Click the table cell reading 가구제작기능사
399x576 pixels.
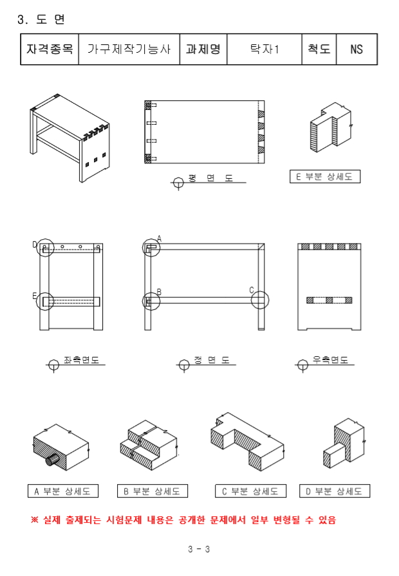click(x=129, y=50)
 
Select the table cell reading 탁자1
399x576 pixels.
click(x=264, y=50)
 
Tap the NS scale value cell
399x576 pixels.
click(x=357, y=50)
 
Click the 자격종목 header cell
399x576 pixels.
click(x=50, y=50)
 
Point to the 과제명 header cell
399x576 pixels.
click(x=203, y=50)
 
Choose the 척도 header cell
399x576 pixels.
click(x=319, y=50)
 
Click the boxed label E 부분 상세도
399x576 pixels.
click(x=325, y=176)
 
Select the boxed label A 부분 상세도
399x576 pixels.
click(x=63, y=491)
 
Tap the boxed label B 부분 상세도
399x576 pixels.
click(x=153, y=491)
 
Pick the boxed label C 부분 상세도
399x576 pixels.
click(x=250, y=491)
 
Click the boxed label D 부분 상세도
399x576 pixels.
click(x=334, y=491)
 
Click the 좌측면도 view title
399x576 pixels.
click(x=81, y=360)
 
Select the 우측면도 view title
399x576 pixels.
click(x=330, y=360)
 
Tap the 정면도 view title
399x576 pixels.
click(x=212, y=360)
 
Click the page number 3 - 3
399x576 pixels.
click(x=199, y=549)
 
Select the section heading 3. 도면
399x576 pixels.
click(x=41, y=19)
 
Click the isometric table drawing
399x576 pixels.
click(x=70, y=138)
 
